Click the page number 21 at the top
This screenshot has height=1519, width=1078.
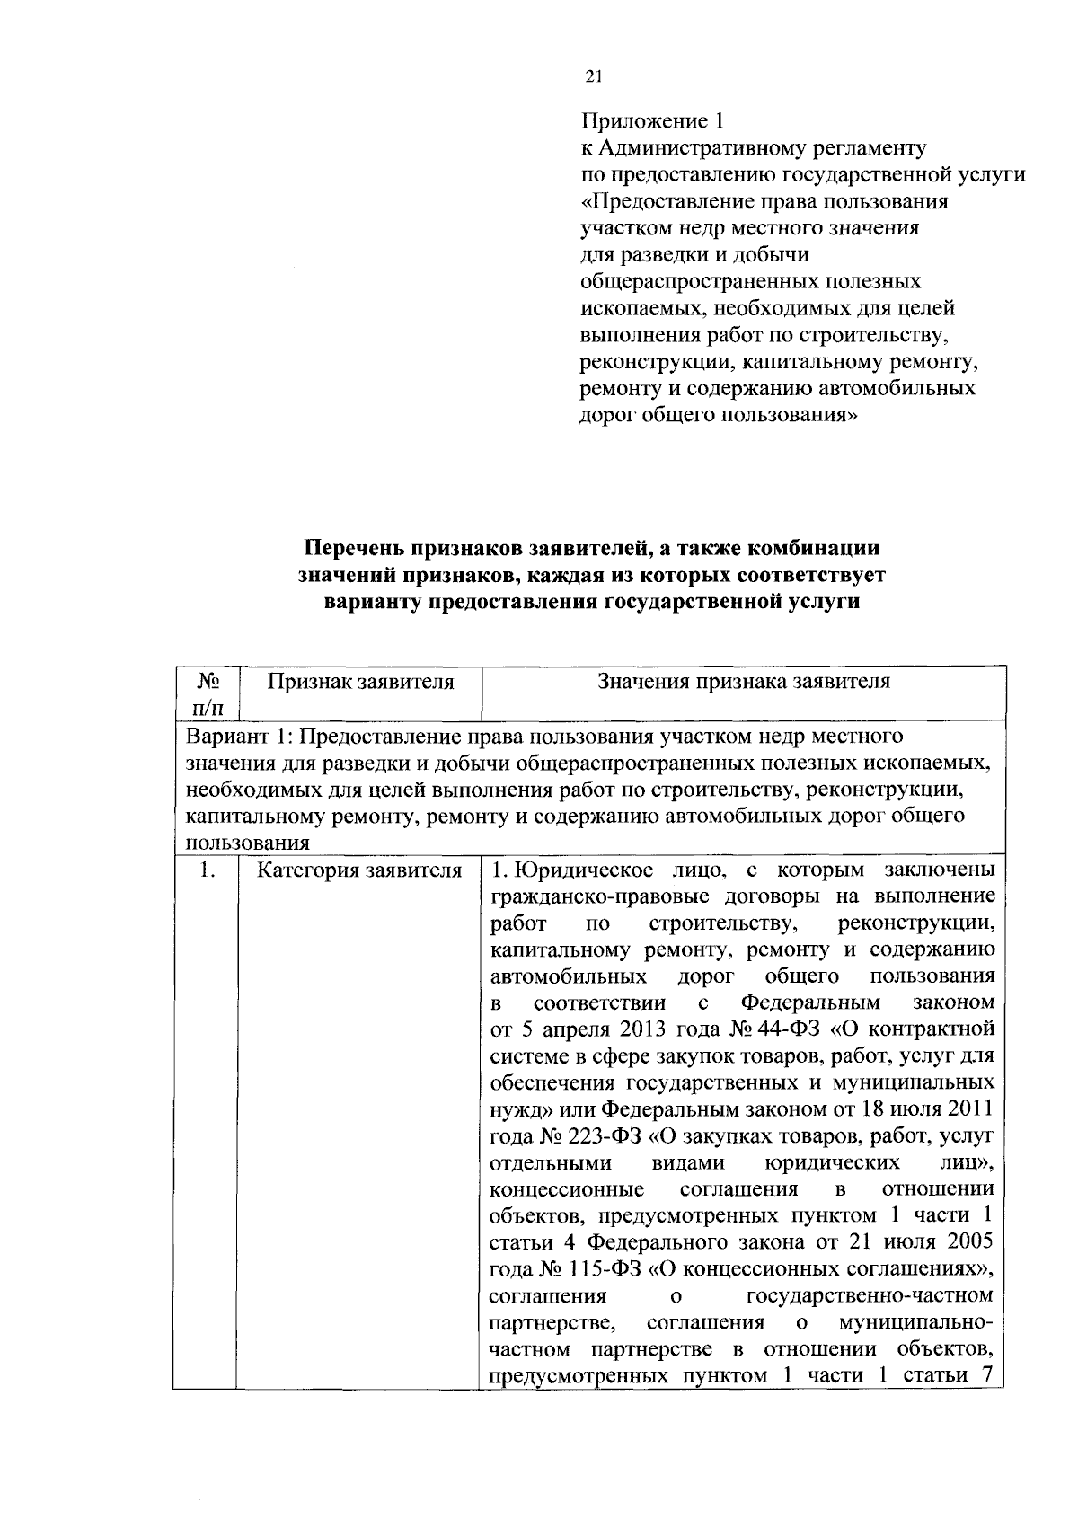(592, 76)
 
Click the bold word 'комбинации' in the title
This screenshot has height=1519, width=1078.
(813, 548)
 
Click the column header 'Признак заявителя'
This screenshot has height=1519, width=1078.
(360, 682)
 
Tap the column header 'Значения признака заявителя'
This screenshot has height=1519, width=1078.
(744, 682)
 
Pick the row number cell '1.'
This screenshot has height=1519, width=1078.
(208, 870)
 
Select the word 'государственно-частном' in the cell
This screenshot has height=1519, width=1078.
(870, 1296)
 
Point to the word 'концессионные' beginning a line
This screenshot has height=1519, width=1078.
(566, 1189)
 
